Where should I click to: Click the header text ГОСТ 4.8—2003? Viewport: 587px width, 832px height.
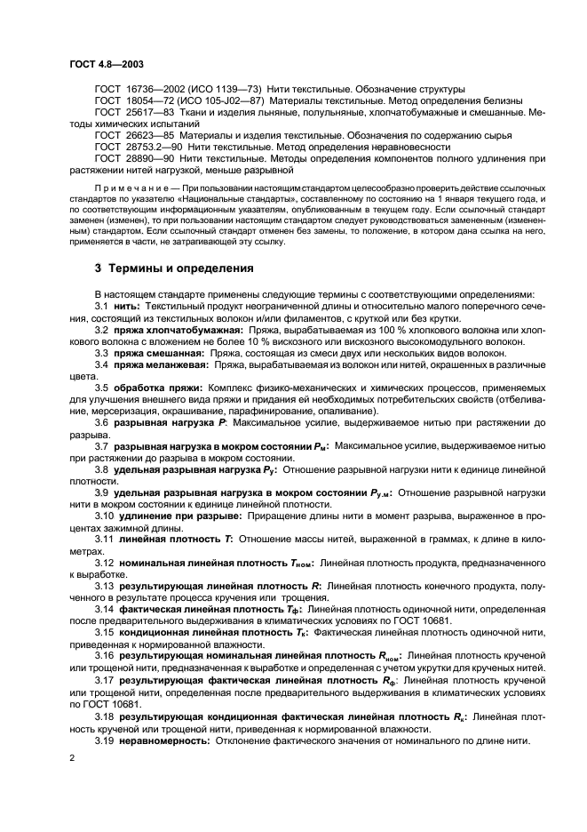tap(106, 65)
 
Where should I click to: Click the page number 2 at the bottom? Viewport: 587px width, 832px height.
tap(71, 756)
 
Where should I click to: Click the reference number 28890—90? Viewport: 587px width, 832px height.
tap(145, 158)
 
